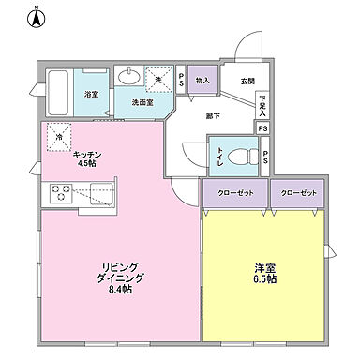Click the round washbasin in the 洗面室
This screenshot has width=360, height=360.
point(130,76)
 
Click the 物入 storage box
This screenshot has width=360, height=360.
point(202,81)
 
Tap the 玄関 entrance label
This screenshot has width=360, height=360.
point(247,82)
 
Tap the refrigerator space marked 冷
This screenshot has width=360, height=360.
point(57,138)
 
